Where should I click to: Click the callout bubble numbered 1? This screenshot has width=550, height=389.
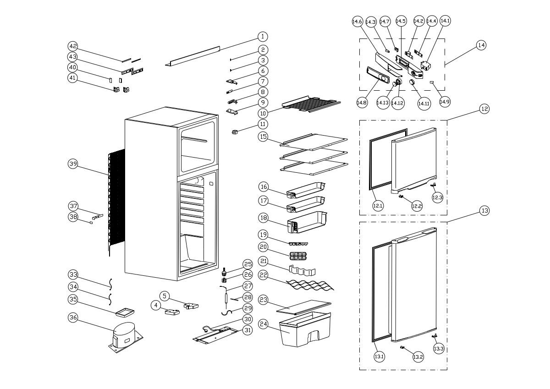(x=262, y=36)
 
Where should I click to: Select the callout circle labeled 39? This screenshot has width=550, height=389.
(x=73, y=164)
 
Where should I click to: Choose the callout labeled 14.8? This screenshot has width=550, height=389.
(x=362, y=103)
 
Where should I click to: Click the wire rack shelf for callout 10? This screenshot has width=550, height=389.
(x=312, y=105)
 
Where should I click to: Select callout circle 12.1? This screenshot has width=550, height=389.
(x=378, y=206)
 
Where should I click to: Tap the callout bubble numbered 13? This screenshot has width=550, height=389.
(x=484, y=211)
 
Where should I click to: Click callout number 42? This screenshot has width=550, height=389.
(x=73, y=46)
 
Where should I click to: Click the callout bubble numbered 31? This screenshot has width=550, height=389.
(x=247, y=330)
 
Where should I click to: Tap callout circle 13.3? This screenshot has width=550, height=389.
(x=439, y=349)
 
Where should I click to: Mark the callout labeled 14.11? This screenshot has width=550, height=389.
(x=424, y=104)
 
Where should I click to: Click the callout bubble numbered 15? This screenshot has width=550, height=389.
(x=263, y=137)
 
